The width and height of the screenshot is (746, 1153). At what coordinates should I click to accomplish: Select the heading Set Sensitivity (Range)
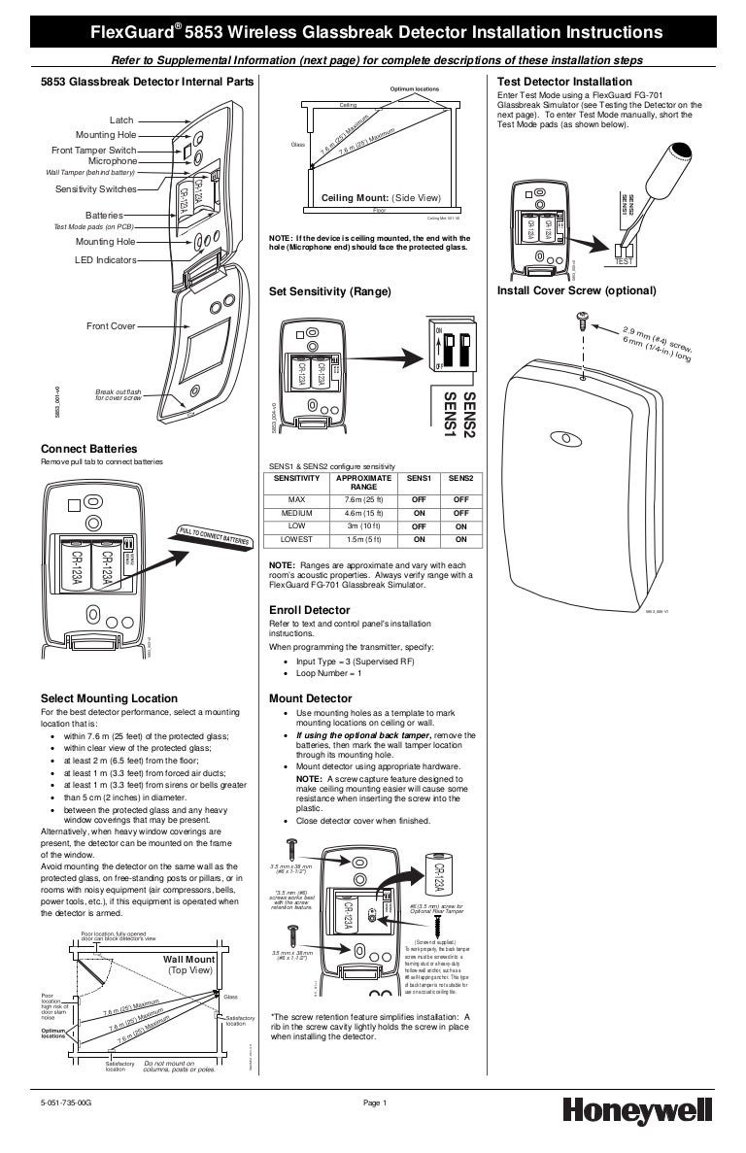(x=329, y=291)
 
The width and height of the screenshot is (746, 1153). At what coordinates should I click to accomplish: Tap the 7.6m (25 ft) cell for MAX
(x=362, y=499)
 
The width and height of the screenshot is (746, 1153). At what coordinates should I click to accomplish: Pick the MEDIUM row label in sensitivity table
(x=296, y=513)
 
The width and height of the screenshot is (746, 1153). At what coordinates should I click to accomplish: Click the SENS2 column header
(x=460, y=479)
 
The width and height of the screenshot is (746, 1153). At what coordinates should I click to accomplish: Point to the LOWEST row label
(x=296, y=539)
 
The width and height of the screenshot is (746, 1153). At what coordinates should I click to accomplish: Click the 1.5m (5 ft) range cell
(x=362, y=539)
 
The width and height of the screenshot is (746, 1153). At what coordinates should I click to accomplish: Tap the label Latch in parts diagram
(x=121, y=119)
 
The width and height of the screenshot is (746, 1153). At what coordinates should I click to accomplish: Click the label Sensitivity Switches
(x=95, y=188)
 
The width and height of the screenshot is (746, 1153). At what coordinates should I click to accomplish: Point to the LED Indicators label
(x=106, y=260)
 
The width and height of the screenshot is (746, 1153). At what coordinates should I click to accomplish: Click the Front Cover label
(x=111, y=326)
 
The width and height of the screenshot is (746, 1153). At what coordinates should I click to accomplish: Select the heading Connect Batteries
(x=88, y=449)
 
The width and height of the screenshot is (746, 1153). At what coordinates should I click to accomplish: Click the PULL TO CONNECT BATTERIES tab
(x=216, y=534)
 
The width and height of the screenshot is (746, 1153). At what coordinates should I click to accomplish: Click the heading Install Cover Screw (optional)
(x=576, y=291)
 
